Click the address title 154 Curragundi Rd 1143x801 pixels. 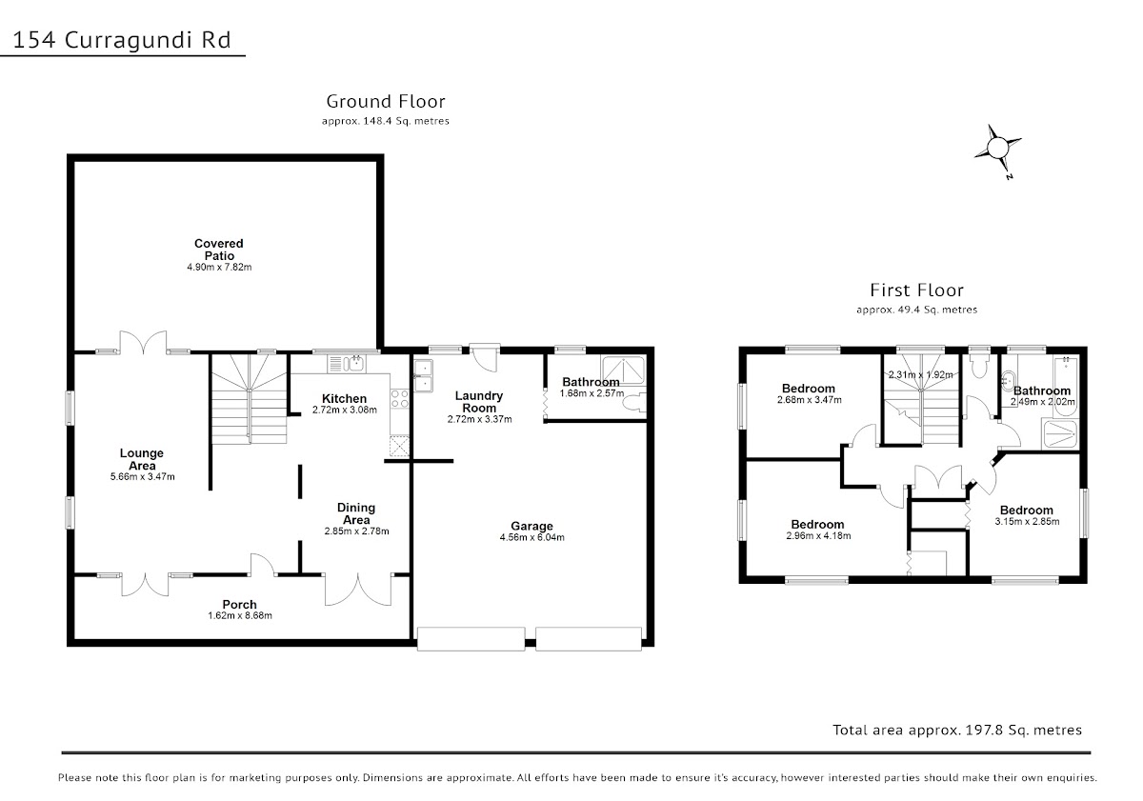[x=122, y=40]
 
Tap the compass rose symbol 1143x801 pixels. [x=997, y=149]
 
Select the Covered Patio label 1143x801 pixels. [x=219, y=250]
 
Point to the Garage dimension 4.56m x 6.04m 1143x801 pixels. [x=532, y=537]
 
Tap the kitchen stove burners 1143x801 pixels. [x=399, y=398]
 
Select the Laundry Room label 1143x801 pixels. [x=478, y=402]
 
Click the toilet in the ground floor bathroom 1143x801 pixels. [x=634, y=403]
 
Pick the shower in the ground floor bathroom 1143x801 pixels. [x=623, y=370]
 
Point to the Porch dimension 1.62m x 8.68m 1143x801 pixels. [x=240, y=616]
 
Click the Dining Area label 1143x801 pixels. [x=356, y=513]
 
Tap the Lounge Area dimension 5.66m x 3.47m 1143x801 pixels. [x=142, y=477]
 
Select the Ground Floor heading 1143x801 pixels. [x=386, y=101]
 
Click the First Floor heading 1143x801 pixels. [x=917, y=290]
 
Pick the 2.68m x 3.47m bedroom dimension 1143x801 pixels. [x=810, y=400]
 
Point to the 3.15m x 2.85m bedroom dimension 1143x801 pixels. [x=1027, y=521]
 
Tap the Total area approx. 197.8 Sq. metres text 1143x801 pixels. [x=957, y=731]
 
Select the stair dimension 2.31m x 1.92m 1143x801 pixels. [x=920, y=374]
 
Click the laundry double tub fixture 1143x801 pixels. [x=424, y=376]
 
